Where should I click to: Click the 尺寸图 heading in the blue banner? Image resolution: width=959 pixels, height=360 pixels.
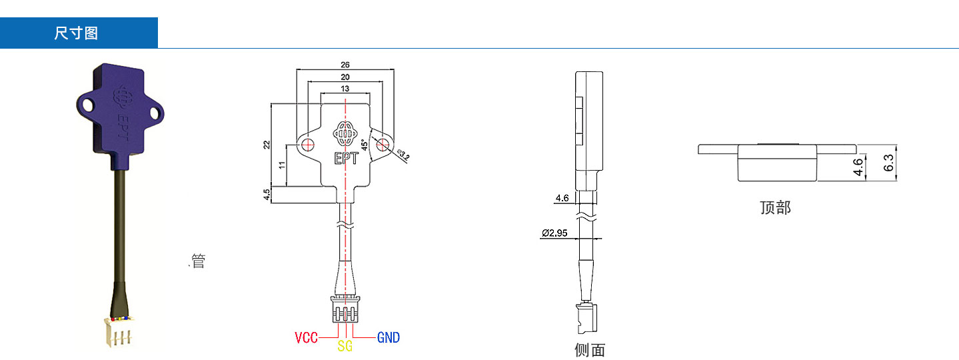point(76,33)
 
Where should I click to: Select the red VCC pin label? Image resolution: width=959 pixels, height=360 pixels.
point(306,337)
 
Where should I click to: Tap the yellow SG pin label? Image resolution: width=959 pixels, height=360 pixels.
point(345,347)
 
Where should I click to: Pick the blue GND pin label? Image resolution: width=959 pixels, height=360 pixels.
point(389,337)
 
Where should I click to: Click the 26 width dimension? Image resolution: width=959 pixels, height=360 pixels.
point(345,65)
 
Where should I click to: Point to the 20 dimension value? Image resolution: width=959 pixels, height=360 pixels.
point(345,77)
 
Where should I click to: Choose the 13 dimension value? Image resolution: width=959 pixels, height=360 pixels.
point(345,89)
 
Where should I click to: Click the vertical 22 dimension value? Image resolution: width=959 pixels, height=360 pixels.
point(267,144)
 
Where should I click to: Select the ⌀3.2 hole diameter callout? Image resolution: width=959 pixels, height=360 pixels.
point(403,156)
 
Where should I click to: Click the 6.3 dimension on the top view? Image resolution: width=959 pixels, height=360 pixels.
point(888,163)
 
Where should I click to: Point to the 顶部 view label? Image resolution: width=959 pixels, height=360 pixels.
point(775,207)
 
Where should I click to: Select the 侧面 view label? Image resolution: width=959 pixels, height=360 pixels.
point(590,350)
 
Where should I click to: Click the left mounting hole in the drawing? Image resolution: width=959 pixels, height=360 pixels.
point(307,145)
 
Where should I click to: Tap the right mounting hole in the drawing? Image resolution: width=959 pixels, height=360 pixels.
point(383,145)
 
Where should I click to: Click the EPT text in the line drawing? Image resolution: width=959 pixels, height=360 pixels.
point(345,159)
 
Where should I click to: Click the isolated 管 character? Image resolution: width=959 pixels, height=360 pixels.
point(198,261)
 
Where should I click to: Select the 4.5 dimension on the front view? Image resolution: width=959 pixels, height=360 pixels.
point(267,195)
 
